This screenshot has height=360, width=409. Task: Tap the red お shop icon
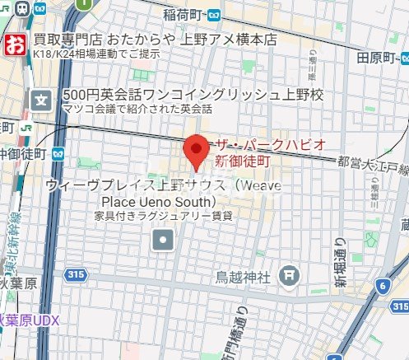pos(13,45)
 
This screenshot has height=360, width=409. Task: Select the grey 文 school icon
pos(40,101)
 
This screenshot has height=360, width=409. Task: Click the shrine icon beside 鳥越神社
pos(288,276)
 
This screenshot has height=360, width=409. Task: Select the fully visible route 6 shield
pos(383,285)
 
